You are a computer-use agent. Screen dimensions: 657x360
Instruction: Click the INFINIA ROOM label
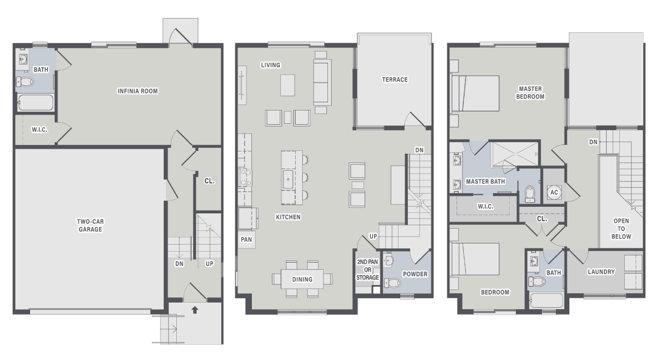[137, 91]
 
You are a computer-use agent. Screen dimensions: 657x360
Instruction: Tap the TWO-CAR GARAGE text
[90, 225]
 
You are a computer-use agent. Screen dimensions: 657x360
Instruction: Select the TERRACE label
[395, 79]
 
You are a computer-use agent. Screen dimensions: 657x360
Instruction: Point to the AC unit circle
[554, 193]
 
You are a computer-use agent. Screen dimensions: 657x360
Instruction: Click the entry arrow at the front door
[195, 310]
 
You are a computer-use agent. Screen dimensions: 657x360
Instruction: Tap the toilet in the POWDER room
[393, 283]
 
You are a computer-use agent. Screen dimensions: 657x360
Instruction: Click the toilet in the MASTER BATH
[530, 194]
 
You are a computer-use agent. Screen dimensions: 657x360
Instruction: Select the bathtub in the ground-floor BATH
[36, 103]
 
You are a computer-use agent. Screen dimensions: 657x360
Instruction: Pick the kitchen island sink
[288, 179]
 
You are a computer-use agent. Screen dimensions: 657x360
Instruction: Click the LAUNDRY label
[601, 272]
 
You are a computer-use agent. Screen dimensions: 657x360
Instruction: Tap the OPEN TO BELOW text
[621, 229]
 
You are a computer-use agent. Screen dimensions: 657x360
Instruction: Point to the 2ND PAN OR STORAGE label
[367, 269]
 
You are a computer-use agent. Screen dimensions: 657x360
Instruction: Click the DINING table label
[302, 280]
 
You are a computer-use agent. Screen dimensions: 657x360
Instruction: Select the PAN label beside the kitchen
[246, 240]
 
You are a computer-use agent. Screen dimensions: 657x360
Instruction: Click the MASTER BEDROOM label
[531, 92]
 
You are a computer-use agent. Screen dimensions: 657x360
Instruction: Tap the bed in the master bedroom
[475, 94]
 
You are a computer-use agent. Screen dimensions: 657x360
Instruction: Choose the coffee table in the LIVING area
[288, 85]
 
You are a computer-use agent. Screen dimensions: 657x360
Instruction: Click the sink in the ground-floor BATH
[23, 60]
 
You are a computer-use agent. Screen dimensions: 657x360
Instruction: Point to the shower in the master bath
[515, 154]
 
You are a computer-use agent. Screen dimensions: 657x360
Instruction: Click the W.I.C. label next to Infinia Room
[39, 130]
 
